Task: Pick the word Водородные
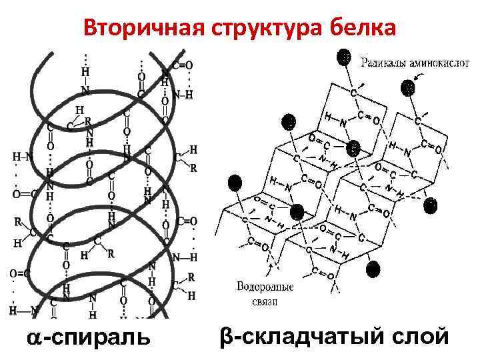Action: (265, 288)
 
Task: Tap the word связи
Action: (265, 301)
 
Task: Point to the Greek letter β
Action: (225, 337)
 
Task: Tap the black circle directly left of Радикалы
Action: (344, 57)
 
